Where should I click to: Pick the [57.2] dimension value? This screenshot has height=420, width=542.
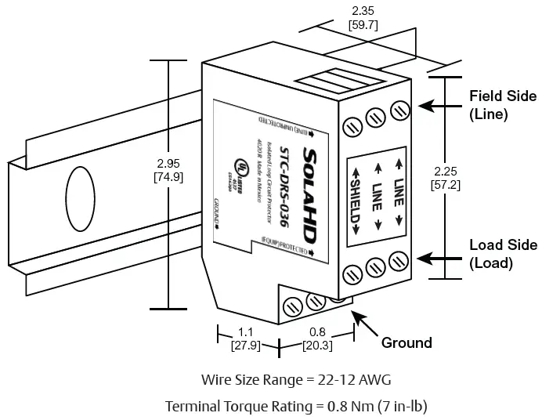pos(445,184)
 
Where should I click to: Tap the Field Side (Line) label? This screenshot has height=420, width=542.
pos(502,105)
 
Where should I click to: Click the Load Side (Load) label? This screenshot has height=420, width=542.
pos(502,254)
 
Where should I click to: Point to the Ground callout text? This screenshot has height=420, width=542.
pos(406,342)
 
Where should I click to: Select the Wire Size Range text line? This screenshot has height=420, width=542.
pos(295,380)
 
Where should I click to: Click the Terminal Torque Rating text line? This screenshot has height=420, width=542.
pos(295,406)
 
